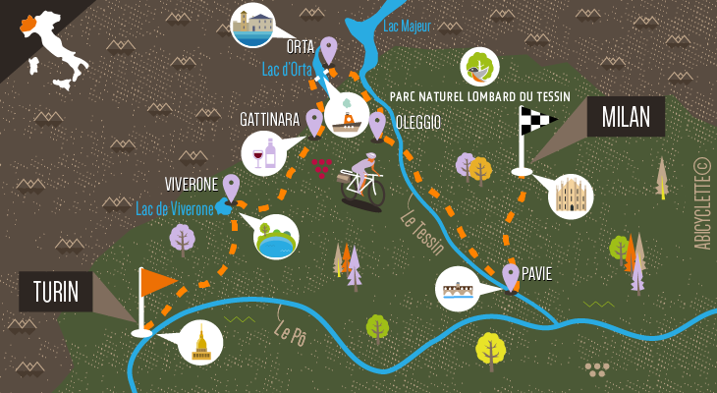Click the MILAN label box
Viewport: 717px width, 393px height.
pyautogui.click(x=626, y=117)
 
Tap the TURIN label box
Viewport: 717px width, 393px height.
pyautogui.click(x=55, y=292)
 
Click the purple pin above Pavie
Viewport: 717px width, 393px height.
pyautogui.click(x=510, y=275)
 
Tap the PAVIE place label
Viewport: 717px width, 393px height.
pyautogui.click(x=536, y=274)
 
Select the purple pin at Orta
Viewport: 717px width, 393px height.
pyautogui.click(x=328, y=49)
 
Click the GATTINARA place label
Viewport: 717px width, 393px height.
pyautogui.click(x=269, y=119)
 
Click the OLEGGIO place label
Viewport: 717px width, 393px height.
pyautogui.click(x=417, y=122)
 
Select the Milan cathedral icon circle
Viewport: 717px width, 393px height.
pyautogui.click(x=570, y=196)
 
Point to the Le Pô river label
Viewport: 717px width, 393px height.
pyautogui.click(x=292, y=332)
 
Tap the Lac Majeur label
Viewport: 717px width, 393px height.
pyautogui.click(x=406, y=27)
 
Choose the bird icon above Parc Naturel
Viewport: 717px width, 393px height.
pyautogui.click(x=480, y=67)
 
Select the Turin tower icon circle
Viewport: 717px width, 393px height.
pyautogui.click(x=201, y=344)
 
